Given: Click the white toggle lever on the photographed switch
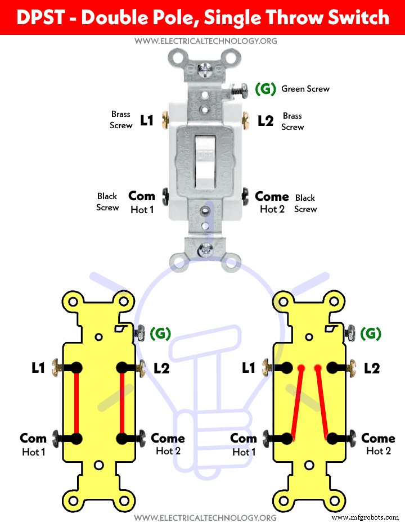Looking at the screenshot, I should point(202,163).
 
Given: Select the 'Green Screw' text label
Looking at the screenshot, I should point(305,89).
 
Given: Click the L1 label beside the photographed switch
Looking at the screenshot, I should point(147,120).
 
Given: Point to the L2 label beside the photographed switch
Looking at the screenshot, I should point(265,120).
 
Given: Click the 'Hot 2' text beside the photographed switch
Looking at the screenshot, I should point(272,209).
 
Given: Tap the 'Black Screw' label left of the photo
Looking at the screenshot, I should point(107,202).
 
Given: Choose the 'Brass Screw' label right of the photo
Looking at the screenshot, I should point(292,121).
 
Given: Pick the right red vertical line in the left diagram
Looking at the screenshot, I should point(122,403).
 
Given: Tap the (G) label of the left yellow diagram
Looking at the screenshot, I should point(160,333).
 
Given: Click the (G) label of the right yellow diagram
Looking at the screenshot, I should point(371,333).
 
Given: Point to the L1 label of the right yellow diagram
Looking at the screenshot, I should point(249,368).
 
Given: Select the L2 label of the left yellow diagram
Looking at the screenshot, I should point(161,368).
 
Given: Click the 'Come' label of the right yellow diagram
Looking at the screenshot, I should point(378,438).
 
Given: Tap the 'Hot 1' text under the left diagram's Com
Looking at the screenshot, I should point(33,452).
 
